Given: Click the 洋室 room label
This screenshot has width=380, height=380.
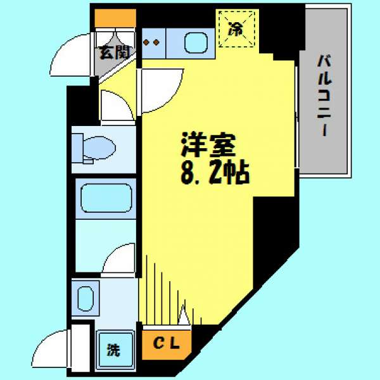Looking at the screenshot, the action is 208,144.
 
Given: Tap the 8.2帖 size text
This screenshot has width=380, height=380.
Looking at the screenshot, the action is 215,173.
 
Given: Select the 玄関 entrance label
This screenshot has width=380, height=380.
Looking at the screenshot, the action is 115,53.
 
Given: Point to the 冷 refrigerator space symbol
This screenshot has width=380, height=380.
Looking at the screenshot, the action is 237,29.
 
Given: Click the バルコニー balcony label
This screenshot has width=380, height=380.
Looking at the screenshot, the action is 324,95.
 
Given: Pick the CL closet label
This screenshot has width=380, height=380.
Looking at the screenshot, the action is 166,343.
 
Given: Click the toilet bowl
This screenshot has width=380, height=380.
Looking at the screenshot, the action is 99,148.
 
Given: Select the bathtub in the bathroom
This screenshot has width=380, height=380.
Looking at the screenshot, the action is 106,198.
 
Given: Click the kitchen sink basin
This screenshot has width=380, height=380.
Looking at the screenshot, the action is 196,43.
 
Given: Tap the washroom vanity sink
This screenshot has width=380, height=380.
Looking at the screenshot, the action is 85,298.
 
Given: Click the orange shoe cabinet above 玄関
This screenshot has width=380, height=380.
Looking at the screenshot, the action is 115,18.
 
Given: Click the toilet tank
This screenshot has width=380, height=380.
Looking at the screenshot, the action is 77,148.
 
